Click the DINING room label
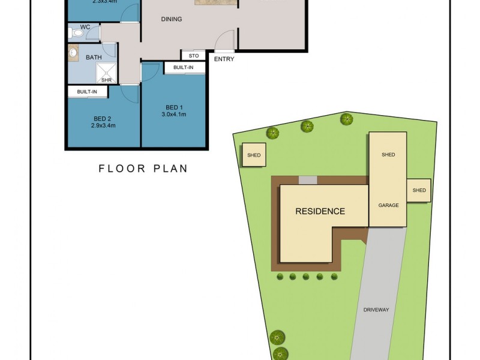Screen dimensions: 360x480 click(x=172, y=19)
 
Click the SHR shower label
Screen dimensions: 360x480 click(x=106, y=79)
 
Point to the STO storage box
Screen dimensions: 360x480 click(x=193, y=55)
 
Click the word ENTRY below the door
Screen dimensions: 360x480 click(x=224, y=59)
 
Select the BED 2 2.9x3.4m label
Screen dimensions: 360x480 click(x=103, y=122)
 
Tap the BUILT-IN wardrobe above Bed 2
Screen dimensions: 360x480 click(x=87, y=92)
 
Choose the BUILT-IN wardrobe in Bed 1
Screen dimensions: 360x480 click(x=184, y=68)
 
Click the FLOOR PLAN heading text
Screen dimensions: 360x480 click(x=143, y=169)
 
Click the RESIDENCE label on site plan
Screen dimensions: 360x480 click(x=320, y=211)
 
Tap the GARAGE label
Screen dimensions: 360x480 click(x=388, y=205)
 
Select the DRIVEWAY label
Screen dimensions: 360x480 click(x=376, y=310)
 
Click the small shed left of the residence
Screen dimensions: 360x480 click(x=254, y=155)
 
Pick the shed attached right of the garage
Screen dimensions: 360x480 click(x=419, y=191)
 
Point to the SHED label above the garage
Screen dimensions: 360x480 click(x=388, y=155)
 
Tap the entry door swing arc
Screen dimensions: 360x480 click(x=224, y=40)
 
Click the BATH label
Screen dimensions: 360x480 click(x=94, y=58)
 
